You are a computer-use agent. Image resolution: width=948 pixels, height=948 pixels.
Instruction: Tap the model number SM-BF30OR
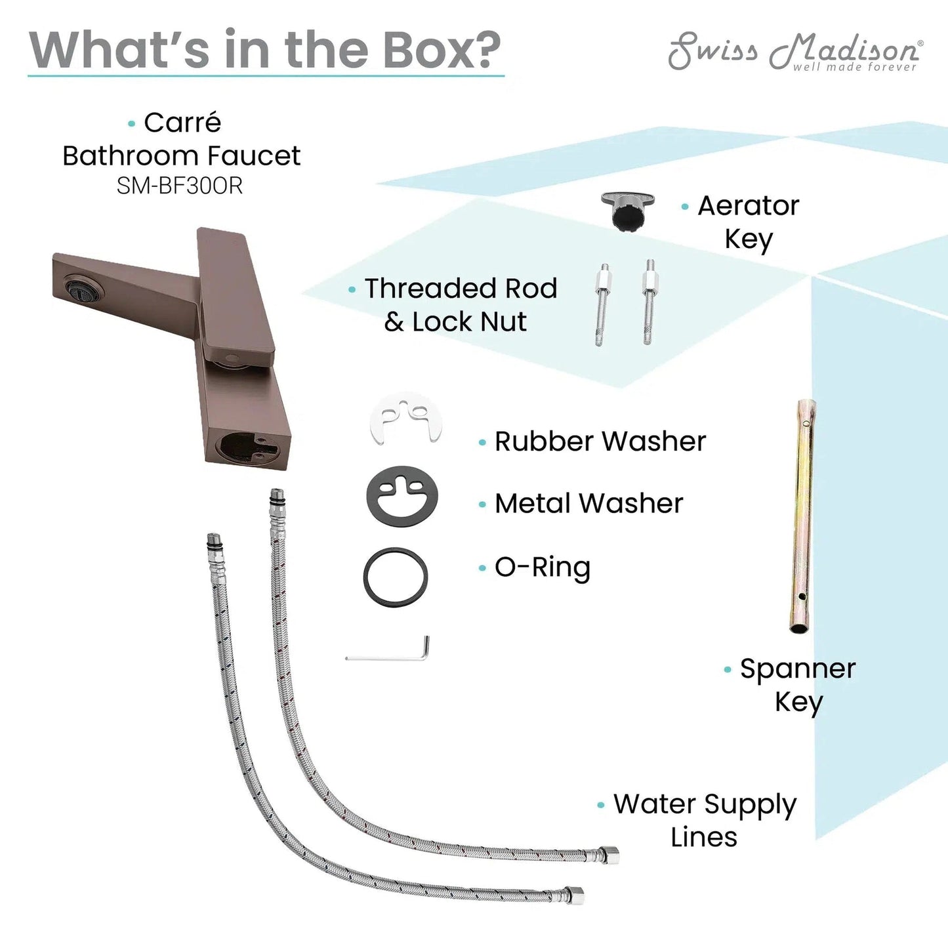180,186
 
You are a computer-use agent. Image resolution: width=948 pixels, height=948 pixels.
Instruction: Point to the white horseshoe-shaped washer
405,418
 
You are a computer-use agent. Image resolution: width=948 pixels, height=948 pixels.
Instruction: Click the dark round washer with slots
402,497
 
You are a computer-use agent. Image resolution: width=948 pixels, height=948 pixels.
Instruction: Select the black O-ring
396,577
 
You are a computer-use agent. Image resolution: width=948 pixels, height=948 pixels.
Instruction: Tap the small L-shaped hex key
388,648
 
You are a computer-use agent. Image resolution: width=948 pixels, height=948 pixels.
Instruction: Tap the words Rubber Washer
600,442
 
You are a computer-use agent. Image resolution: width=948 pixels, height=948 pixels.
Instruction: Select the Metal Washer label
589,504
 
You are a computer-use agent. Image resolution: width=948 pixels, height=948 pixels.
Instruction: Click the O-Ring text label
543,567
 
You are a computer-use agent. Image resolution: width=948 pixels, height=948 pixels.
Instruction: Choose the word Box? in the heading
442,50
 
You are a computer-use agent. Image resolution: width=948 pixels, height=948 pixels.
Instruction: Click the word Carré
182,122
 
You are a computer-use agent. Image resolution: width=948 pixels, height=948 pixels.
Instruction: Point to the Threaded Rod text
461,288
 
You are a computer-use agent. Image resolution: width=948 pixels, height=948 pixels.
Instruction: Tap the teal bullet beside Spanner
728,670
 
